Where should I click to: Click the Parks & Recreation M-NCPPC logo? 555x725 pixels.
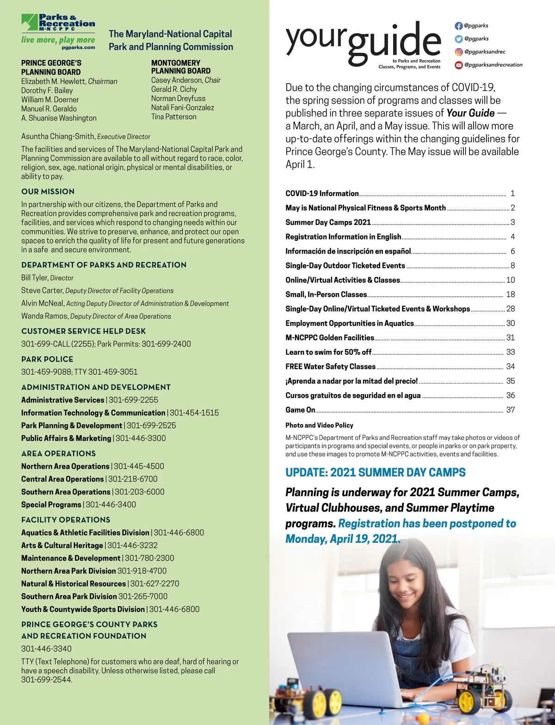click(58, 31)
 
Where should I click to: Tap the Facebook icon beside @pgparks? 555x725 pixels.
click(458, 26)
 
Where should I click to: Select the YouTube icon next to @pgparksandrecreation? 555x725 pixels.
click(458, 65)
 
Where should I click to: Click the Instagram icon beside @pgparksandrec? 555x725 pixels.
click(458, 52)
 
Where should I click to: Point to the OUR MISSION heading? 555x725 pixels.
click(48, 192)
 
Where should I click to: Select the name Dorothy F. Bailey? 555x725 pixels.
click(47, 91)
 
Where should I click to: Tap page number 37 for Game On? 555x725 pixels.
click(510, 410)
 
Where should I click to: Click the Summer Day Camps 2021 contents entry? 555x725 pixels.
click(328, 222)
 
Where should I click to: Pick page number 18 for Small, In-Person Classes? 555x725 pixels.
click(510, 294)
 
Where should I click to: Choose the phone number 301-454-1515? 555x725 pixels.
click(194, 413)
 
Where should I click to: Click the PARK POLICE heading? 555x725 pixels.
click(47, 359)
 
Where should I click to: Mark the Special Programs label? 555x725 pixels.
click(51, 505)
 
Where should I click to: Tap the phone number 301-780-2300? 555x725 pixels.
click(149, 558)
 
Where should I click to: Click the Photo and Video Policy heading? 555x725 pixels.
click(319, 425)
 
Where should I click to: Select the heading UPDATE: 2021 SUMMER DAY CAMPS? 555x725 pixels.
click(375, 472)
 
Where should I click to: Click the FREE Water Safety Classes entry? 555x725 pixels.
click(330, 366)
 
